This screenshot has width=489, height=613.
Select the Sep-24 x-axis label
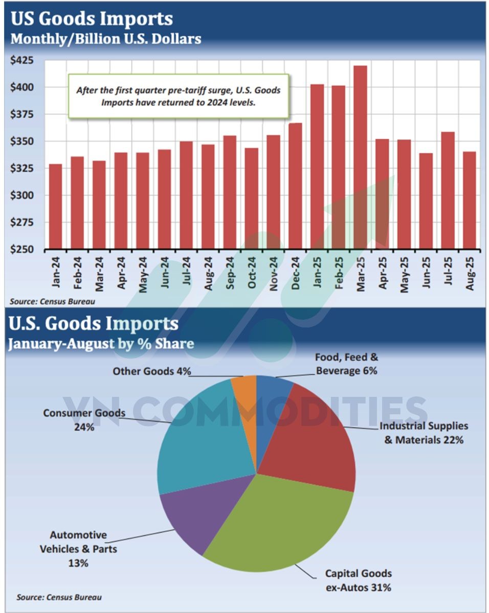(x=230, y=274)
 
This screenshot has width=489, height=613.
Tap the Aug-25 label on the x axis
(x=469, y=274)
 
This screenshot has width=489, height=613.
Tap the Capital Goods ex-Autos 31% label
(x=359, y=580)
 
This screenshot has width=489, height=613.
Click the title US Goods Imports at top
(x=92, y=19)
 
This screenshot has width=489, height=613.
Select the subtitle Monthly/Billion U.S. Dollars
(x=106, y=39)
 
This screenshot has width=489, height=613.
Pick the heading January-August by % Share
(x=101, y=343)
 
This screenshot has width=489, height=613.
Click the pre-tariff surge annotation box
(x=179, y=96)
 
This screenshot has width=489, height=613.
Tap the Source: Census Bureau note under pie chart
(x=59, y=597)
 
